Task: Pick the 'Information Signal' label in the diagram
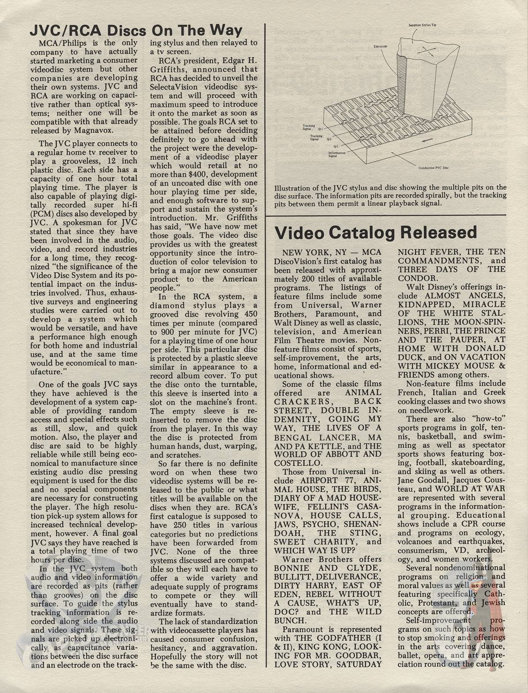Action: point(338,154)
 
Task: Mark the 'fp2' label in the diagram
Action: point(329,138)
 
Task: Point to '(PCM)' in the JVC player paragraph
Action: point(43,213)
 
